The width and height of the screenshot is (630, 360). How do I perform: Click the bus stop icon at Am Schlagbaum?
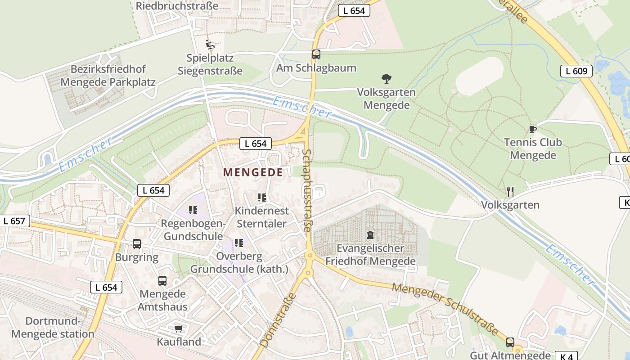click(x=316, y=54)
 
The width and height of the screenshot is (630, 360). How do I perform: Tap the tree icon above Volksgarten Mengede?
click(x=386, y=79)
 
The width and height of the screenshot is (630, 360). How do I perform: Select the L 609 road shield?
click(x=576, y=71)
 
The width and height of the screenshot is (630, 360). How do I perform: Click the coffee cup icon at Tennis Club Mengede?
click(x=533, y=130)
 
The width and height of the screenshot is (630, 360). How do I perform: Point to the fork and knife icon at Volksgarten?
click(x=510, y=192)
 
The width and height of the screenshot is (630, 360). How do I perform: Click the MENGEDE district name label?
click(x=253, y=172)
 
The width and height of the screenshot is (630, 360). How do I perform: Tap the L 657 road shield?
click(x=14, y=221)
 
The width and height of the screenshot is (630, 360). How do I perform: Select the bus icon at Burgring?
click(x=137, y=244)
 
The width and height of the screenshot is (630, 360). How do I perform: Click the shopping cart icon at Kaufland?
click(x=178, y=328)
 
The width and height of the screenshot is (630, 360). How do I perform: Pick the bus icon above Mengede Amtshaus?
click(x=162, y=281)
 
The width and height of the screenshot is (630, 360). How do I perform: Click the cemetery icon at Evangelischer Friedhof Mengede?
click(x=370, y=234)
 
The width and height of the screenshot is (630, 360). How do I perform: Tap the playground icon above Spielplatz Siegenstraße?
click(x=210, y=45)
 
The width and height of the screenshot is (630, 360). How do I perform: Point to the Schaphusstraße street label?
click(x=307, y=191)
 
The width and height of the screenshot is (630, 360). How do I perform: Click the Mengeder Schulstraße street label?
click(x=445, y=309)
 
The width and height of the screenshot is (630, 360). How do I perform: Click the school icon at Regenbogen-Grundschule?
click(x=193, y=210)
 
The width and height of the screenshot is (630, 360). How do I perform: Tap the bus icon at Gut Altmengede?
click(x=510, y=342)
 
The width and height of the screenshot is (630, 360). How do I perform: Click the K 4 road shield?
click(x=566, y=356)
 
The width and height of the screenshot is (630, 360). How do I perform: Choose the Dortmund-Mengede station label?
click(x=53, y=328)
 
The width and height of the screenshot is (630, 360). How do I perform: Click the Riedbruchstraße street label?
click(x=177, y=6)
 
